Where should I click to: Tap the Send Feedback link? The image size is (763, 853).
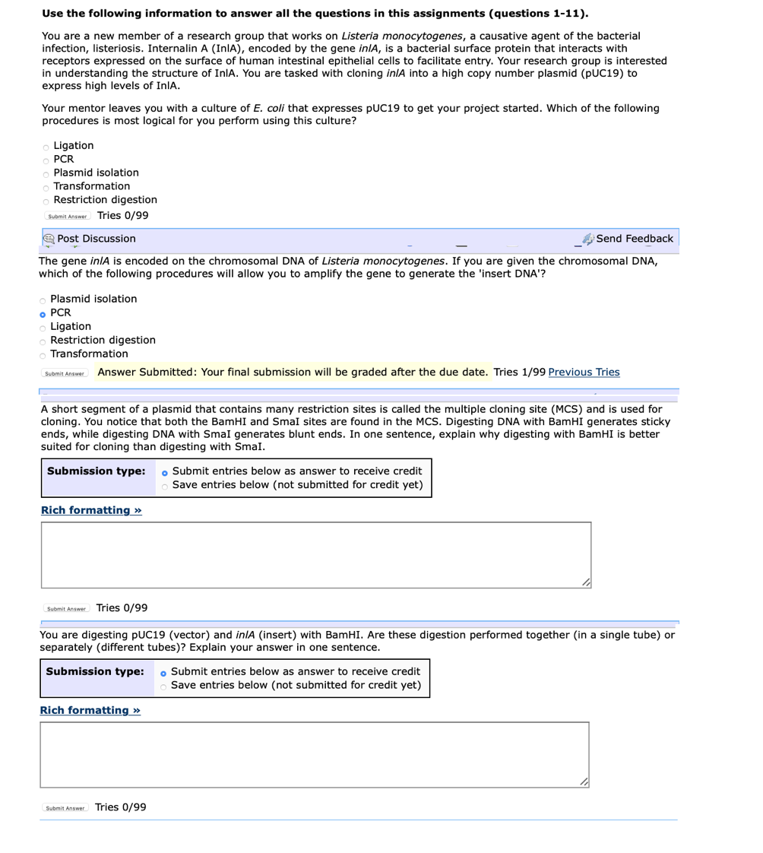pos(634,239)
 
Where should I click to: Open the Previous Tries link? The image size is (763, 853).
pos(583,372)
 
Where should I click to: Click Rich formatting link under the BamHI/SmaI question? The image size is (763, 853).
pos(90,509)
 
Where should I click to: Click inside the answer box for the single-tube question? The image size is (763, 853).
pos(314,754)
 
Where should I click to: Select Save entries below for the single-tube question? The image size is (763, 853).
pos(165,687)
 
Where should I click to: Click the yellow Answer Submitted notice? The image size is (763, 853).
pos(293,372)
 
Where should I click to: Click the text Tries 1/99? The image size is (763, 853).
pos(519,372)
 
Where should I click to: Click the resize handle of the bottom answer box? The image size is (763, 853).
pos(584,782)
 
